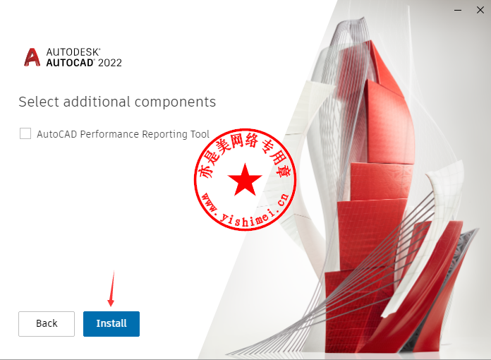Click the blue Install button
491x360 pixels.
(x=111, y=324)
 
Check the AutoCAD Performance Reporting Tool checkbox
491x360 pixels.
(x=25, y=133)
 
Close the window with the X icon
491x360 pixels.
(x=480, y=10)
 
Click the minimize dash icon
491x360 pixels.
(x=458, y=11)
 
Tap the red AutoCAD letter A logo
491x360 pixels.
(x=32, y=57)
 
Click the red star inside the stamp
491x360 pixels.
(x=245, y=180)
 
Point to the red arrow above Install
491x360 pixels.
(x=111, y=289)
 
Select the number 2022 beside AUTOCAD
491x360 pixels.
(x=110, y=63)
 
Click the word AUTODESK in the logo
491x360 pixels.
(x=73, y=52)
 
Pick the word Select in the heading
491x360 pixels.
(x=39, y=102)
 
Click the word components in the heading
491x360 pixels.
(x=176, y=102)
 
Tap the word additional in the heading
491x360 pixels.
(x=97, y=102)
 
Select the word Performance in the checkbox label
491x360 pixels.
(x=109, y=134)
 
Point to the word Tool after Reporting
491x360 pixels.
(x=200, y=134)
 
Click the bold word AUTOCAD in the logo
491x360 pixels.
(x=70, y=63)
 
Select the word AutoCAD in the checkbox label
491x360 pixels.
(x=57, y=134)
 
